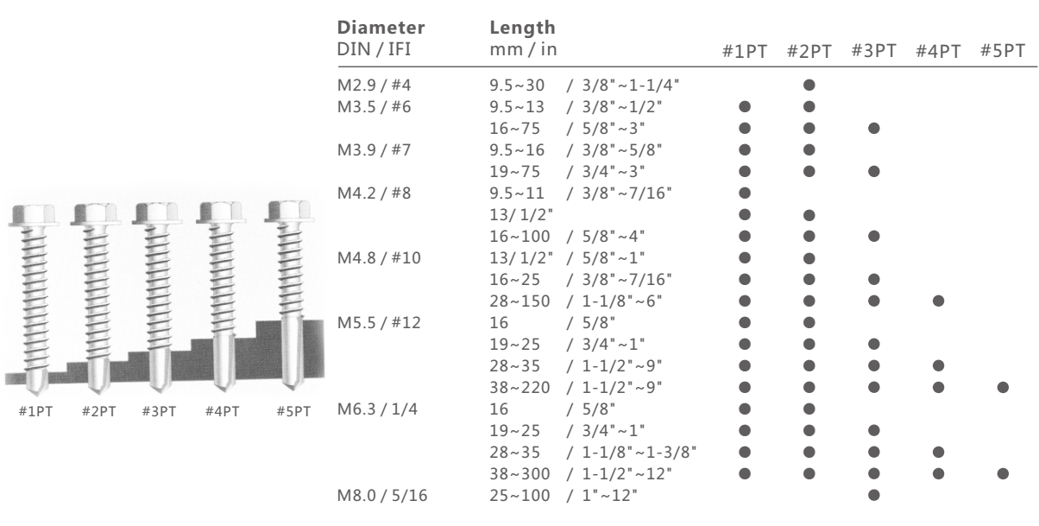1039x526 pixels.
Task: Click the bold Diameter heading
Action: [x=381, y=28]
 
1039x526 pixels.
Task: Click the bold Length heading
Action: [x=523, y=28]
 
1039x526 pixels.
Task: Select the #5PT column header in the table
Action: [x=1003, y=51]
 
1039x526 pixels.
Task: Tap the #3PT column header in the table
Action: [x=874, y=51]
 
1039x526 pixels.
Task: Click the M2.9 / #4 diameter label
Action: [x=374, y=85]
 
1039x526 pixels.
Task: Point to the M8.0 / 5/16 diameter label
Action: [x=382, y=496]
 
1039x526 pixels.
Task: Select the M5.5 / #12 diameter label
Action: [x=379, y=323]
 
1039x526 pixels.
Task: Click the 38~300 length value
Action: [x=520, y=474]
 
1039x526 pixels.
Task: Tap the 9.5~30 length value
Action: [x=517, y=85]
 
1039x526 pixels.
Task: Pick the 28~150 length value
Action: [x=520, y=301]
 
